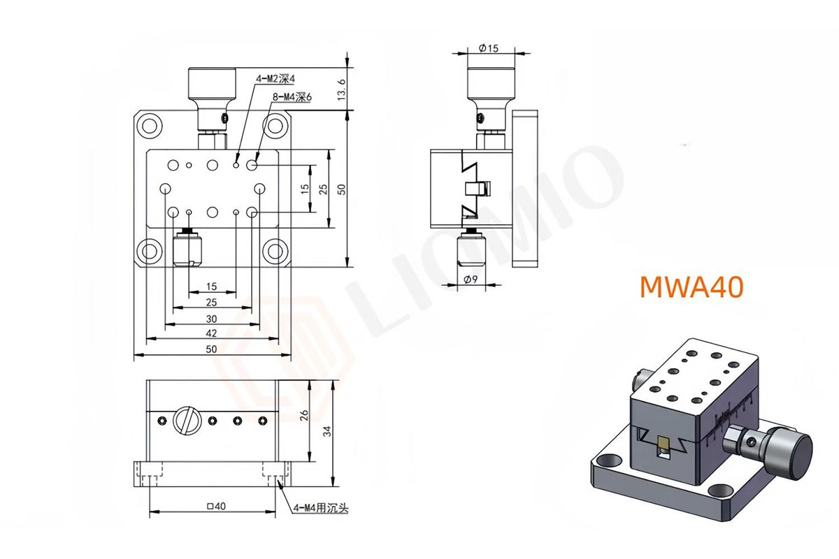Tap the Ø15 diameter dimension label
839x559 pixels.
pyautogui.click(x=489, y=48)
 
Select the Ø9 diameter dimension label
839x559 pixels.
pyautogui.click(x=471, y=279)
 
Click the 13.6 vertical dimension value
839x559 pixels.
pyautogui.click(x=341, y=89)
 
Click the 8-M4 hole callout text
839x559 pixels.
pyautogui.click(x=292, y=97)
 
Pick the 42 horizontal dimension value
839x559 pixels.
pyautogui.click(x=211, y=333)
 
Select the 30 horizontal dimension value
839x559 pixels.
pyautogui.click(x=211, y=319)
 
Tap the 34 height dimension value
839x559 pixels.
pyautogui.click(x=327, y=431)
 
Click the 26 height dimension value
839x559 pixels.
pyautogui.click(x=304, y=415)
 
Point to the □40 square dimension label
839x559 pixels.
pyautogui.click(x=216, y=506)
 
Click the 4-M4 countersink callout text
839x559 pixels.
pyautogui.click(x=321, y=508)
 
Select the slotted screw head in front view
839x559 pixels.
pyautogui.click(x=187, y=421)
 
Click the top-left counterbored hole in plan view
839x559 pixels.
pyautogui.click(x=150, y=126)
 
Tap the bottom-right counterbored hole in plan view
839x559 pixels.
pyautogui.click(x=275, y=252)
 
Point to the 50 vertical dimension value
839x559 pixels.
pyautogui.click(x=341, y=189)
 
